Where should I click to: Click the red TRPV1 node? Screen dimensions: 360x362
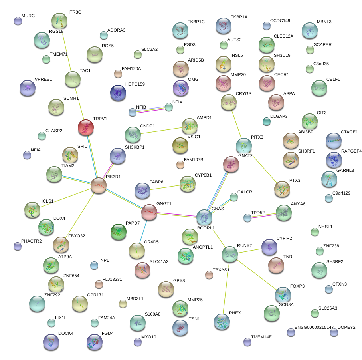(x=85, y=127)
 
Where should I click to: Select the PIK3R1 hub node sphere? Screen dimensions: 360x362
(x=99, y=186)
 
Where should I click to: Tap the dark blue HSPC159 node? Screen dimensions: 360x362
(x=118, y=93)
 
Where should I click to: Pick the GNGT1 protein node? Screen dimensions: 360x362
(x=150, y=212)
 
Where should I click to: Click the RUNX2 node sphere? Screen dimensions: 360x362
(x=230, y=255)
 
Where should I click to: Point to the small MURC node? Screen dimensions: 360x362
(x=18, y=21)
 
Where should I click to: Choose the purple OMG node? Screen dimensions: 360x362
(x=181, y=88)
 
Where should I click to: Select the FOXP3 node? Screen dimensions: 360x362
(x=283, y=295)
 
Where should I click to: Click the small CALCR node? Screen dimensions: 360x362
(x=234, y=197)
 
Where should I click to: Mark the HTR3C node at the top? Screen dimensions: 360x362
(x=59, y=21)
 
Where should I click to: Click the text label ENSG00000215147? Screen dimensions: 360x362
(x=314, y=327)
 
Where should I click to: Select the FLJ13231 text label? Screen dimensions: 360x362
(x=112, y=279)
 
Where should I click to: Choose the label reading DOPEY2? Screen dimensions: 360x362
(x=346, y=327)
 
